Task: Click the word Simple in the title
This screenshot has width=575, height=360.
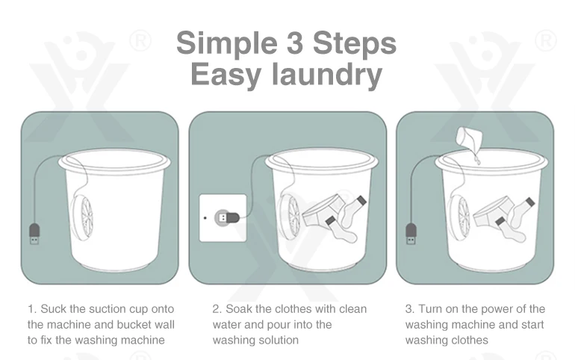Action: (226, 43)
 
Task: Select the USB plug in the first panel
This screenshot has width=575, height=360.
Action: (34, 234)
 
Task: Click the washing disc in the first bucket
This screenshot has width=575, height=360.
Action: (82, 217)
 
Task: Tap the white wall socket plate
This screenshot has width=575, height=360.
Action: (223, 218)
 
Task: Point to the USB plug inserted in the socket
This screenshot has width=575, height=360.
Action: (227, 218)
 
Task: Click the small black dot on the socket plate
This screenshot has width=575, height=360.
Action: (205, 218)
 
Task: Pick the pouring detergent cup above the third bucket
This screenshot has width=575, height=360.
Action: (469, 140)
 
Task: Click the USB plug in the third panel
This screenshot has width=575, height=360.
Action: (411, 234)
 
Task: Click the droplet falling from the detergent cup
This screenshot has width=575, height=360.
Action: (477, 160)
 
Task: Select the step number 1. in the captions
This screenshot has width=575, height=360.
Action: (32, 309)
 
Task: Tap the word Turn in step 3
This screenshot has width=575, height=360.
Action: (431, 309)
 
